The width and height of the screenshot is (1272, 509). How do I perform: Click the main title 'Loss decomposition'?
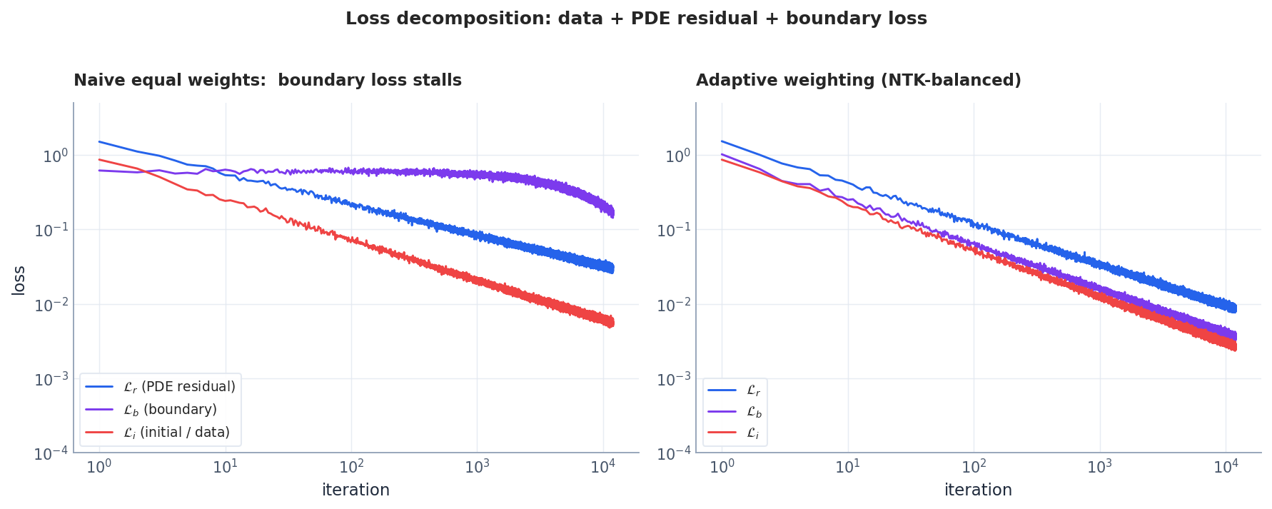tap(635, 19)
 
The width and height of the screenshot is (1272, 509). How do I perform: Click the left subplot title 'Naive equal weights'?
tap(267, 80)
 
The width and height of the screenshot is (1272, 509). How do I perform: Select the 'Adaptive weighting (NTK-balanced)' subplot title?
tap(858, 80)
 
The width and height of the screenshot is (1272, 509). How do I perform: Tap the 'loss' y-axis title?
tap(19, 280)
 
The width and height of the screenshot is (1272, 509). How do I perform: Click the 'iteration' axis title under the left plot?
tap(355, 490)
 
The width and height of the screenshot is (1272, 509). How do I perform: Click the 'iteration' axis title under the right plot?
tap(978, 490)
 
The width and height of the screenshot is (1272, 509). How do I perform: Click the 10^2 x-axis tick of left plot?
tap(351, 468)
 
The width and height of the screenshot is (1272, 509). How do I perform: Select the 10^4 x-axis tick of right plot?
tap(1226, 468)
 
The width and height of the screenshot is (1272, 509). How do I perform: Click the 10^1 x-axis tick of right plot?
tap(847, 468)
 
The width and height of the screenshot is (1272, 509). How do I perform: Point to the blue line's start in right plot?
tap(722, 141)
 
